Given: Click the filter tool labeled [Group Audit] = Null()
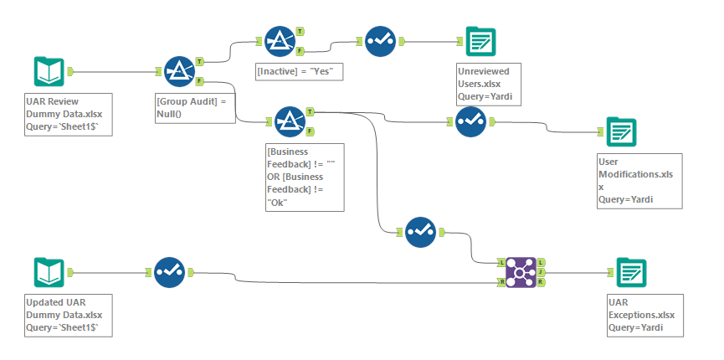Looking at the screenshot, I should [180, 72].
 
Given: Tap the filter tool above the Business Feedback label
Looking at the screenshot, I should [288, 121].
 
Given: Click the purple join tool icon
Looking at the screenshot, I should [521, 272].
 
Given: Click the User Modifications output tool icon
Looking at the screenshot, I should [621, 131].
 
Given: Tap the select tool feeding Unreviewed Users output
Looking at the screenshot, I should [381, 40].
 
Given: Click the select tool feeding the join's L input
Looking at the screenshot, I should [421, 232].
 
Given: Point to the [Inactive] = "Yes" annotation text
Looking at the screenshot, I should [300, 72].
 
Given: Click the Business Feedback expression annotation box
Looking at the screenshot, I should [302, 178].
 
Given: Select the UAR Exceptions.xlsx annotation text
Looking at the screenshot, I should [645, 315].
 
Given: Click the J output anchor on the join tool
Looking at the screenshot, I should [542, 272].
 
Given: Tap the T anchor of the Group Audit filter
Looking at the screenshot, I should [200, 61].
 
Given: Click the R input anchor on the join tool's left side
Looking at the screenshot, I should [501, 282].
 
